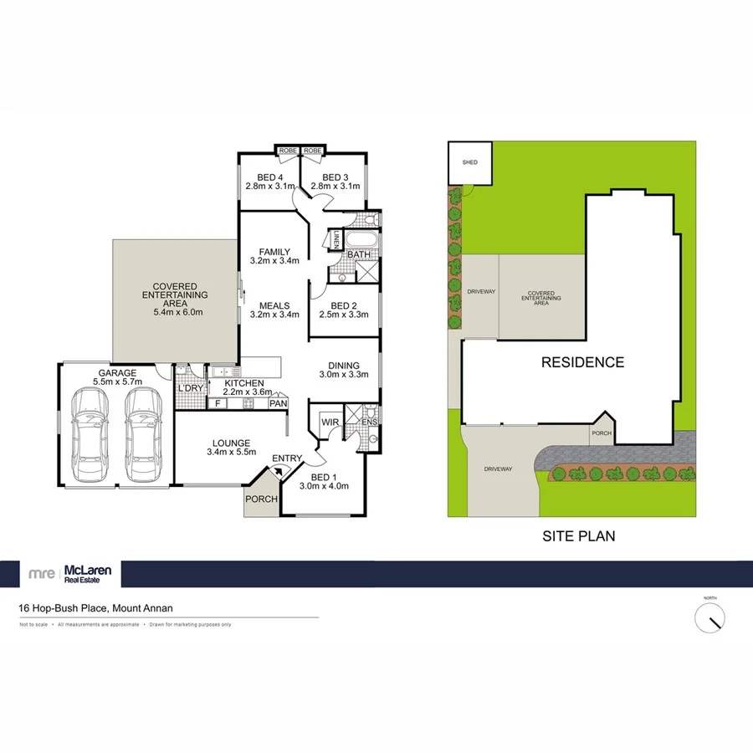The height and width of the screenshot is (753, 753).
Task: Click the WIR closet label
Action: click(330, 423)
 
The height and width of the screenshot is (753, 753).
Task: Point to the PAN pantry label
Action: click(279, 404)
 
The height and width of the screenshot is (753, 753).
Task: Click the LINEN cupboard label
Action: click(337, 241)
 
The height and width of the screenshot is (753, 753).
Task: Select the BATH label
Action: click(359, 254)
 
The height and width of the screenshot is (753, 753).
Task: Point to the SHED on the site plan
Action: click(469, 162)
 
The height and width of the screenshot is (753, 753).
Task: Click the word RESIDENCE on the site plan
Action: click(582, 362)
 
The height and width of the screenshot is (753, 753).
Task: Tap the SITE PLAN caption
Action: click(577, 536)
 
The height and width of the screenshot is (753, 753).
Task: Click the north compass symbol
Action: click(710, 617)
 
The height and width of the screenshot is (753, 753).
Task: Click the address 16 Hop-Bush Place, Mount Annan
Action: click(96, 609)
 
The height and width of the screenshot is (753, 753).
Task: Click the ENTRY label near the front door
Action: click(286, 458)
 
